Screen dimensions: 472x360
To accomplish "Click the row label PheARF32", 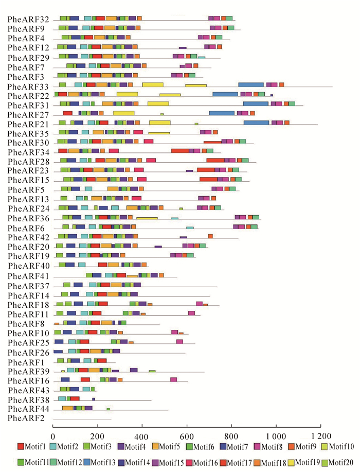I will pos(29,20).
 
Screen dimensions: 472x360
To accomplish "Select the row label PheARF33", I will pos(29,86).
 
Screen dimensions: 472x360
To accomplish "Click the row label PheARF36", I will pos(29,218).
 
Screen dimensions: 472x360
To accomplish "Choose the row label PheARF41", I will pos(29,276).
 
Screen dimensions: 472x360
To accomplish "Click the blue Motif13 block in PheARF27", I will pos(222,113).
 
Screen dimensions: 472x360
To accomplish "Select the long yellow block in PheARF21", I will pos(160,123).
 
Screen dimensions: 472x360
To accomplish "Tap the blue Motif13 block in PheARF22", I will pos(225,94).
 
